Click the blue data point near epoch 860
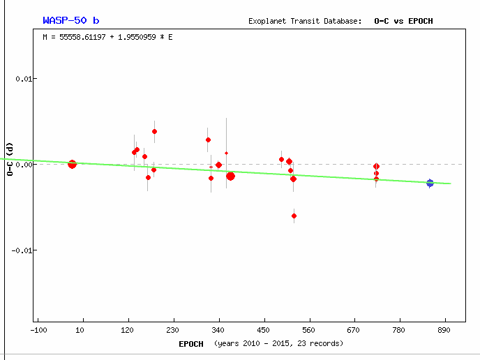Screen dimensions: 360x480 click(430, 183)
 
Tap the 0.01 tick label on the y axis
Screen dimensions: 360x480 click(24, 79)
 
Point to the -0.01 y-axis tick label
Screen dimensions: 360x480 click(22, 250)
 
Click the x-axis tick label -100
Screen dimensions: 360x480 click(38, 329)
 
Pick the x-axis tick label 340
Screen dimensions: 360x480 click(218, 329)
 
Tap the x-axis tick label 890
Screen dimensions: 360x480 click(444, 329)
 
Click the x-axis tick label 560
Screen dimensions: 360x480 click(309, 329)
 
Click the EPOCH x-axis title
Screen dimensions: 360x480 click(190, 343)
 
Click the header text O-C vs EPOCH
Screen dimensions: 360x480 click(403, 21)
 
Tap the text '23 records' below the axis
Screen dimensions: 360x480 click(320, 343)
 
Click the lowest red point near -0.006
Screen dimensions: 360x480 click(294, 216)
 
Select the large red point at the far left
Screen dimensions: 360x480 click(72, 164)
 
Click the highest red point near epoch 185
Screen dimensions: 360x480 click(154, 131)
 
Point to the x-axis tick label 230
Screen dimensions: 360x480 click(173, 329)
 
